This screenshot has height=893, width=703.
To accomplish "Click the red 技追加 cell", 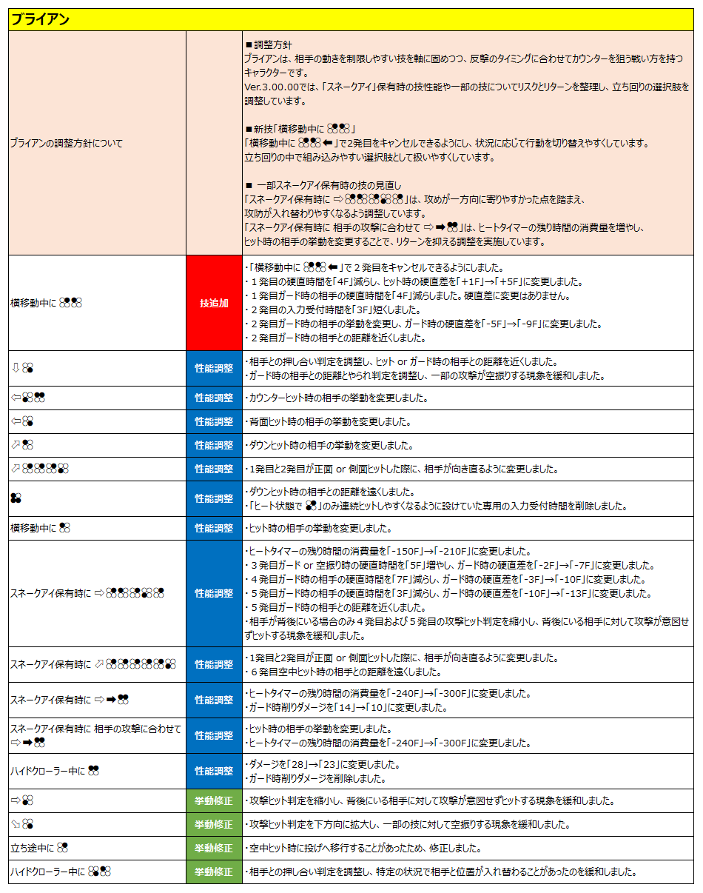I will tap(214, 303).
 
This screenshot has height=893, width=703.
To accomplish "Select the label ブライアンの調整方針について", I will tap(67, 143).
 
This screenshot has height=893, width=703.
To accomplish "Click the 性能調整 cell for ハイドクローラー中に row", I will tap(214, 771).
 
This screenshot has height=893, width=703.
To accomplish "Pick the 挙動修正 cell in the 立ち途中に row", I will tap(214, 848).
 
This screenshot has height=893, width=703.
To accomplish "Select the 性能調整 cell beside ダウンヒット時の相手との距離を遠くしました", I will tap(214, 498).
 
